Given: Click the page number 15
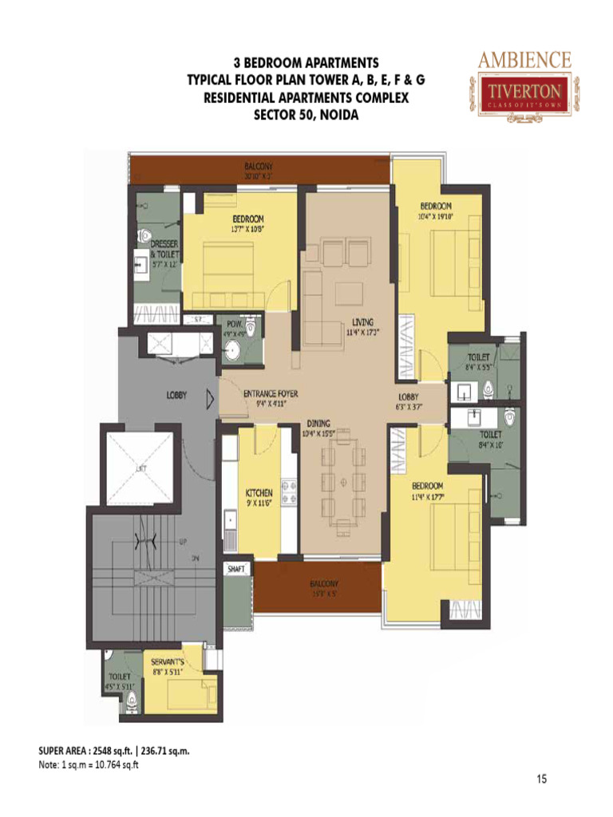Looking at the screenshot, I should click(x=543, y=780).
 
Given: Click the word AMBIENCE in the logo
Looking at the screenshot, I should click(x=524, y=61).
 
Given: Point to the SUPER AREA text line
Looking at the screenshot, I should click(x=114, y=752).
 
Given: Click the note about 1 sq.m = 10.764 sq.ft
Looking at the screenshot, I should click(x=89, y=765).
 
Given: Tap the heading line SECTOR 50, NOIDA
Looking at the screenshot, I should click(x=295, y=114).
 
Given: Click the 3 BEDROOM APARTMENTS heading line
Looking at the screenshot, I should click(x=295, y=62).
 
